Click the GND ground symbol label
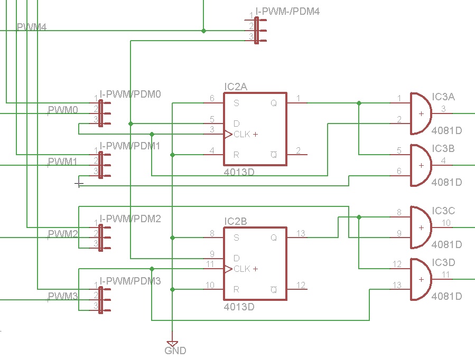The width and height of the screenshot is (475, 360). pos(175,350)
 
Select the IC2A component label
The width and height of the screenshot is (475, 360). pos(236,86)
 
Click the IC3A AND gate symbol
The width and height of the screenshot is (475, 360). pos(421,113)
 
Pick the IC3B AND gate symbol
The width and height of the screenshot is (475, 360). pos(421,165)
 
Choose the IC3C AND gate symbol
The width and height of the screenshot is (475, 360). pos(421,227)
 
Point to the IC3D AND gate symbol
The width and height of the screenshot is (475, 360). pos(421,279)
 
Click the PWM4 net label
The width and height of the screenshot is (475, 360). pos(32,27)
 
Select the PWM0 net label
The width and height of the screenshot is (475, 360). pos(63,110)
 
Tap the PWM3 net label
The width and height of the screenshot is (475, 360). pos(63,297)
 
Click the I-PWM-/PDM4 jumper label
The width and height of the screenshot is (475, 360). pos(287,11)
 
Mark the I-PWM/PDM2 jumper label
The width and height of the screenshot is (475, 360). pos(130,219)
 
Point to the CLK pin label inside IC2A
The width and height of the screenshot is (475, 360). pos(242,134)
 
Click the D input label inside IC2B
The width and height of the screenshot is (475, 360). pos(237,258)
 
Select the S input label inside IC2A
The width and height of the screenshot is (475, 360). pos(236,103)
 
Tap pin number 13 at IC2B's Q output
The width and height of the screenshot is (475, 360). pos(301,234)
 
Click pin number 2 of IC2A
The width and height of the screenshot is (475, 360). pos(299,151)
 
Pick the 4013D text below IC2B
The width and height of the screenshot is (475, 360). pos(239,307)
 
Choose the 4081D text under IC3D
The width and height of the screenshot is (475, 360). pos(446,296)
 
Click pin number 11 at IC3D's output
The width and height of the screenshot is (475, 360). pos(446,274)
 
